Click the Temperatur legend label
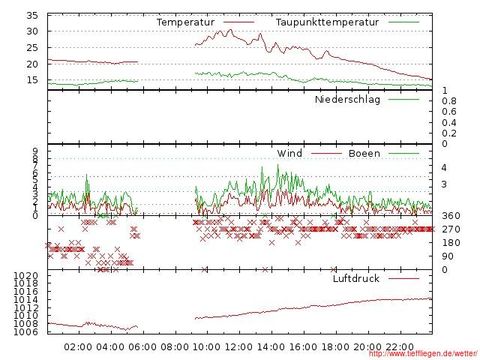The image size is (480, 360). tap(185, 22)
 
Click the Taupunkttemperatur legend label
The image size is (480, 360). tap(326, 22)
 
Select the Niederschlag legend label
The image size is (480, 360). tap(347, 99)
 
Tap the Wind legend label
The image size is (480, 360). tap(289, 154)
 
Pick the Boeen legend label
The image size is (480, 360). tap(364, 154)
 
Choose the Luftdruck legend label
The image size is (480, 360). tap(355, 279)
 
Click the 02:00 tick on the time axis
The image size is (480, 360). tap(78, 346)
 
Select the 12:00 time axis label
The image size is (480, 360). tap(238, 346)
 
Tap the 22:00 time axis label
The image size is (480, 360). tap(400, 346)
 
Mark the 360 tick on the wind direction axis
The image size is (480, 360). tap(450, 216)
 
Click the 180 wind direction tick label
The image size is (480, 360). tap(450, 243)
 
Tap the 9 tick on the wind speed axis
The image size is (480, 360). tap(34, 151)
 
